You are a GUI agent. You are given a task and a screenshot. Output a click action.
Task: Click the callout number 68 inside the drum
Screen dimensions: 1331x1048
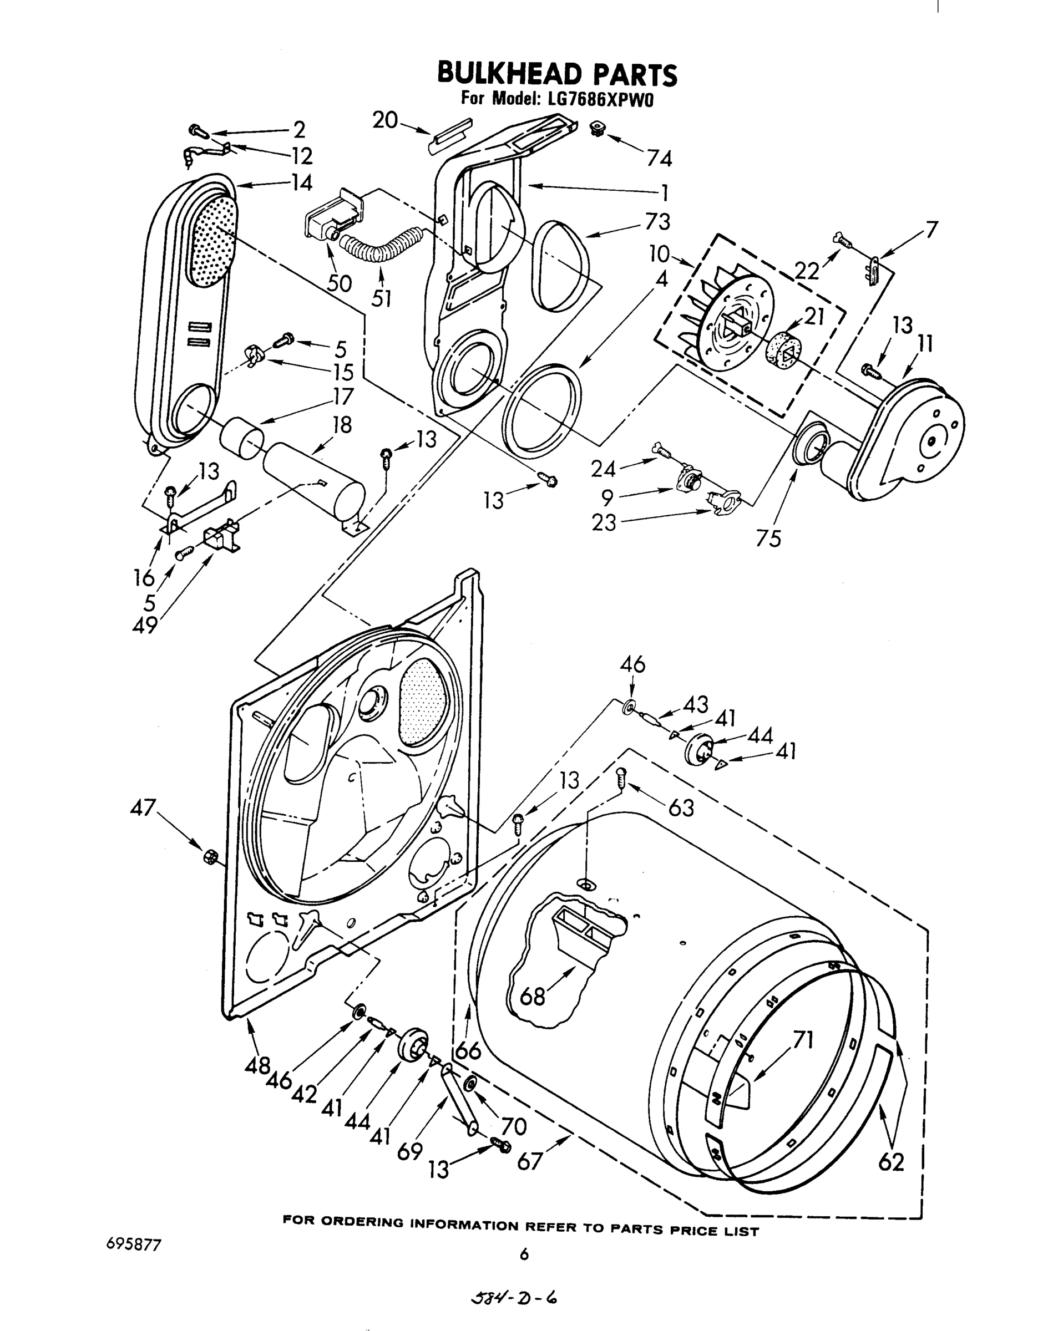532,997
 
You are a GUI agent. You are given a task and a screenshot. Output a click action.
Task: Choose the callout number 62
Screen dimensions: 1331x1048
891,1162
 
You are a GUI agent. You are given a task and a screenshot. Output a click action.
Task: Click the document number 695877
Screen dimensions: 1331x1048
133,1245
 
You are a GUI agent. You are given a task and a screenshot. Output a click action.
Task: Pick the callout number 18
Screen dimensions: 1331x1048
341,424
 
